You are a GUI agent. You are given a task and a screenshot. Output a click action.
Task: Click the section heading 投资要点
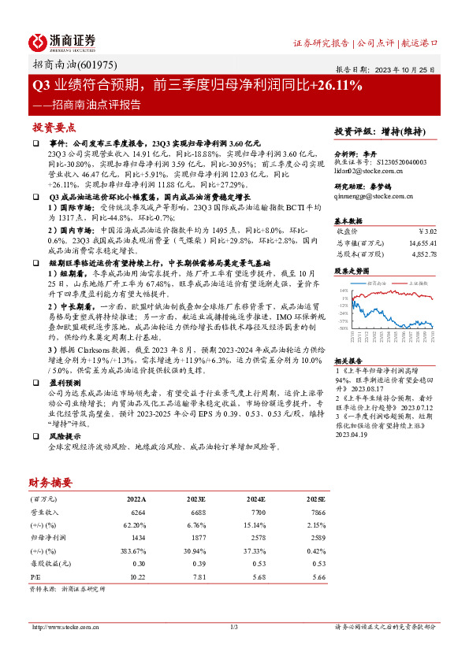54,127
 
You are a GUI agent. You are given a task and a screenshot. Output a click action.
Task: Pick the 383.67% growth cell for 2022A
132,550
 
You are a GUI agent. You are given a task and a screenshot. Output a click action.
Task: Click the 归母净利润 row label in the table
45,538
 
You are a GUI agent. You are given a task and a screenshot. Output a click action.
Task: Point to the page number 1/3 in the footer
234,627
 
